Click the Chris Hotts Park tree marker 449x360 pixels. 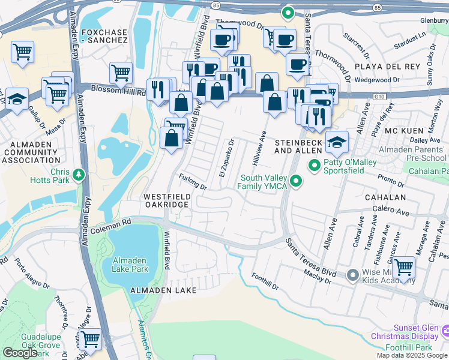(79, 175)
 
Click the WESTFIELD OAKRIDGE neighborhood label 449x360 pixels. (167, 200)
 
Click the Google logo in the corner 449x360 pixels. (20, 353)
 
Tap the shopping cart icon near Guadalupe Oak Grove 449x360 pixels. (90, 340)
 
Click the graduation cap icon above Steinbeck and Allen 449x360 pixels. (337, 143)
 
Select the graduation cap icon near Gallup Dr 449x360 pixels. (16, 98)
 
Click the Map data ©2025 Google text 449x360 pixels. (412, 355)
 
